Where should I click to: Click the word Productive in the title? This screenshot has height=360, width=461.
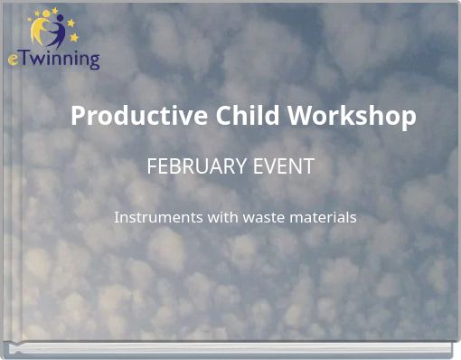139,117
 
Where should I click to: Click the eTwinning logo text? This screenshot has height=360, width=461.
54,59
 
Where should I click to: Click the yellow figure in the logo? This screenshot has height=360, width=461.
42,33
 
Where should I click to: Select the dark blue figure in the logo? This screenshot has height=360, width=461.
57,35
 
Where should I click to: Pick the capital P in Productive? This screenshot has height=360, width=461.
79,117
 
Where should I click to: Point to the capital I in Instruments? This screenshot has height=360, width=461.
117,218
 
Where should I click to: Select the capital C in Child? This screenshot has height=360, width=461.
224,117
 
